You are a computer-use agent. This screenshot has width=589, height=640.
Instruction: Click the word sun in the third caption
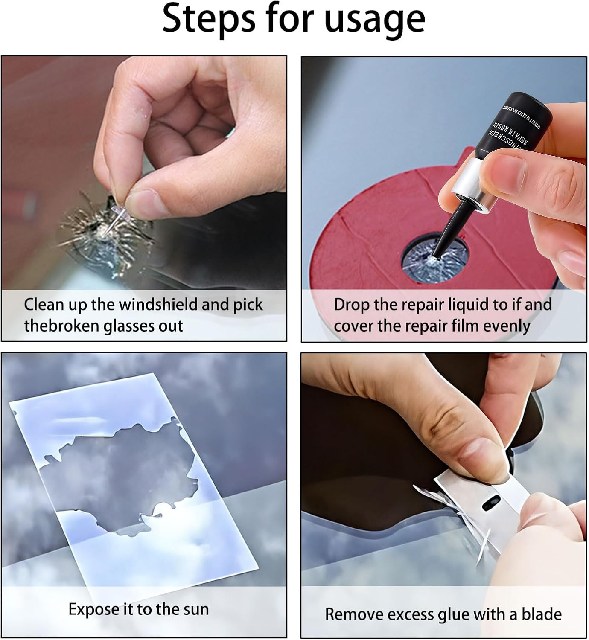tap(195, 609)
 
